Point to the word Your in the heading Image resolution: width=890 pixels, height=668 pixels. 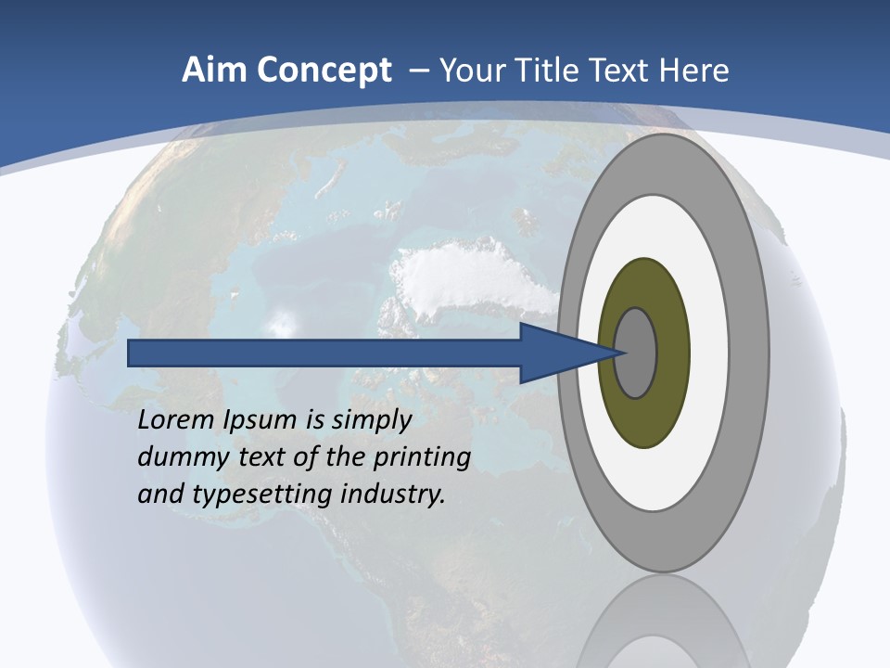point(471,71)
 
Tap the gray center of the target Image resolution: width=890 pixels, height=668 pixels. point(636,353)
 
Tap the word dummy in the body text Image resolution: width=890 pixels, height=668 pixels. point(177,457)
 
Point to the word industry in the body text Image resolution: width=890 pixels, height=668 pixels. point(393,495)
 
